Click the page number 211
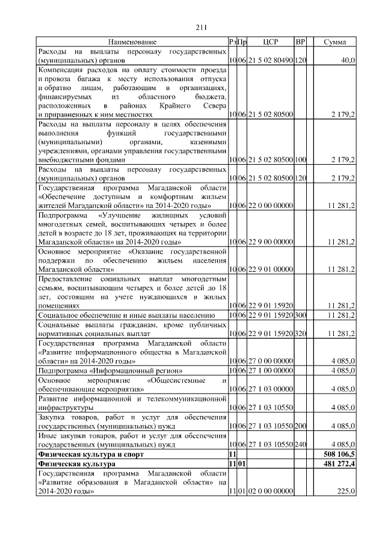click(x=201, y=27)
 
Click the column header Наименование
click(x=132, y=42)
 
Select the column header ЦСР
click(x=270, y=42)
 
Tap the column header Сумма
click(x=334, y=42)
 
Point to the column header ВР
click(x=301, y=42)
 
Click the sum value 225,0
click(x=346, y=491)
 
